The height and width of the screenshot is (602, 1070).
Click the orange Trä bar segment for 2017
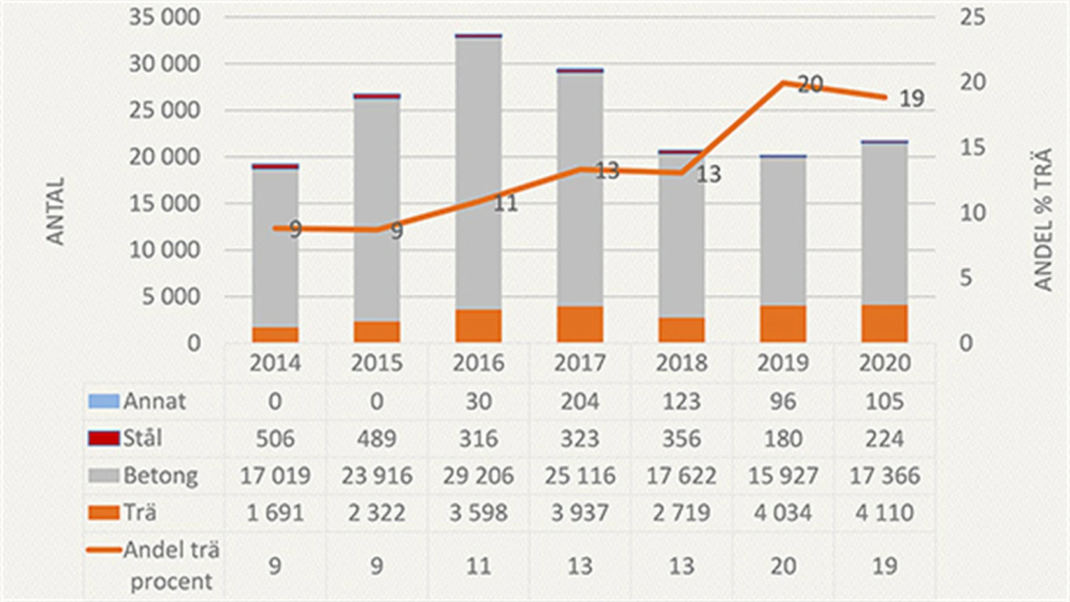coord(580,325)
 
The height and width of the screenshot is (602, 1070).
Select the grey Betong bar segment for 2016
coord(478,172)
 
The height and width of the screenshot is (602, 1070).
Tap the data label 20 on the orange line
coord(810,84)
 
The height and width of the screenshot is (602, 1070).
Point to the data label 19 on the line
coord(911,99)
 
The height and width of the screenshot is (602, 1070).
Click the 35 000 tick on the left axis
coord(164,17)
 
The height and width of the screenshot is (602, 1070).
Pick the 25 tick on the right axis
coord(972,17)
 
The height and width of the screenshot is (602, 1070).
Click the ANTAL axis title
coord(56,211)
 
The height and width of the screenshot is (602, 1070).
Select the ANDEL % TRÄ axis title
coord(1043,220)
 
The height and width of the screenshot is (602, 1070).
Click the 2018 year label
coord(681,363)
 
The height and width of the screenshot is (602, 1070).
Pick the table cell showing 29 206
coord(478,475)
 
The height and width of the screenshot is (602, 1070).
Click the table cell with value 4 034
coord(783,512)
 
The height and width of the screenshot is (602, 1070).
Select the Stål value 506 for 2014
coord(275,438)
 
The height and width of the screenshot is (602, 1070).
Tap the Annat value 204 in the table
coord(580,401)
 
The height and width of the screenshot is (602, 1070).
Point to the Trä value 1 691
coord(275,512)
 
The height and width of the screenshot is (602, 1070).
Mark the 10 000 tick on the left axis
coord(164,250)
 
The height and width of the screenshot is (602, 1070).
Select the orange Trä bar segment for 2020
coord(884,324)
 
